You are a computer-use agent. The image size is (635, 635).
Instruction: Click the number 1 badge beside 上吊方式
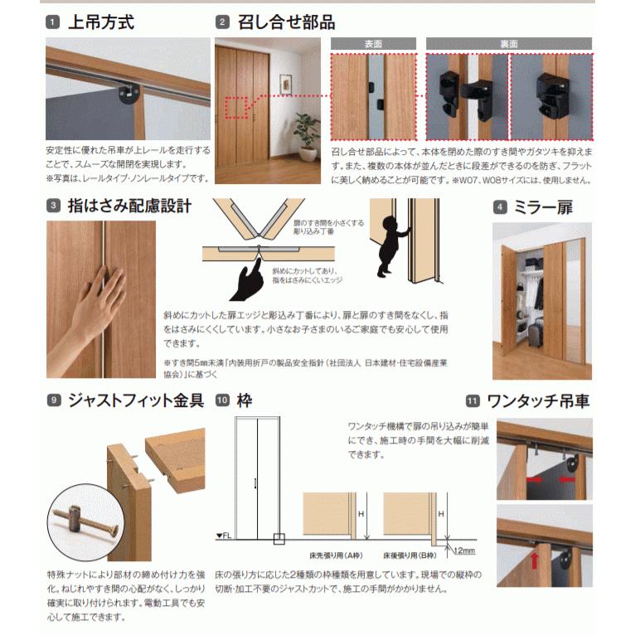53,22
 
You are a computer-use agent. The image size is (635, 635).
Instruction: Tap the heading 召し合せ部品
287,22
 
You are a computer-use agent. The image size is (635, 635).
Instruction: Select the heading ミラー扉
554,207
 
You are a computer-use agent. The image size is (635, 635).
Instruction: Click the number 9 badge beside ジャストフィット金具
53,400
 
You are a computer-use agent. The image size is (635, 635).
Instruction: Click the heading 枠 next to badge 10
244,400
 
